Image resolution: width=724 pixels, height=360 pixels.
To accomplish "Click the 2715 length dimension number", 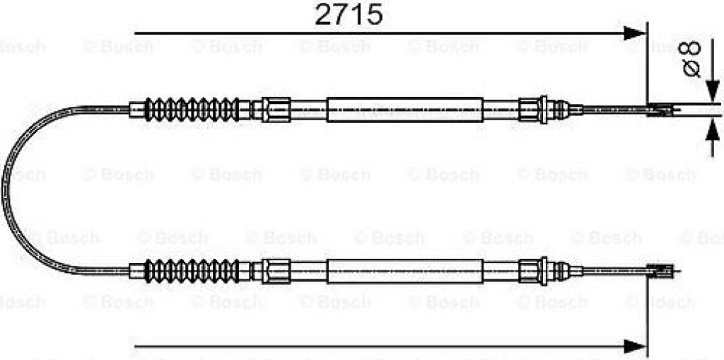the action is click(349, 15).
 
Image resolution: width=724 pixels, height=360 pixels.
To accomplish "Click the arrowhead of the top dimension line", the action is click(634, 33).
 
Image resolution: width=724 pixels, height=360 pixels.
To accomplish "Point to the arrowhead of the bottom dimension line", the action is click(634, 345).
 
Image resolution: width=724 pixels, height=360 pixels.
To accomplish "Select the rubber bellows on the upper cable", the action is click(192, 110).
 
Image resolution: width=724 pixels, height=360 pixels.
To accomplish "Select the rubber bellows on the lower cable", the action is click(192, 271).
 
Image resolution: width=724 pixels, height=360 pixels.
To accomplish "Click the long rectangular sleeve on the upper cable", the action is click(405, 110).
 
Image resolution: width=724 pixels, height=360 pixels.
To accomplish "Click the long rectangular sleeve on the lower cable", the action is click(405, 271).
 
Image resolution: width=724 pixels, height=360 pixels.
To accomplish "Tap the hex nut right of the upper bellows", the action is click(276, 110).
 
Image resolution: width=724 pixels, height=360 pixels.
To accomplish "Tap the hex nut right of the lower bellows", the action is click(276, 271).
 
